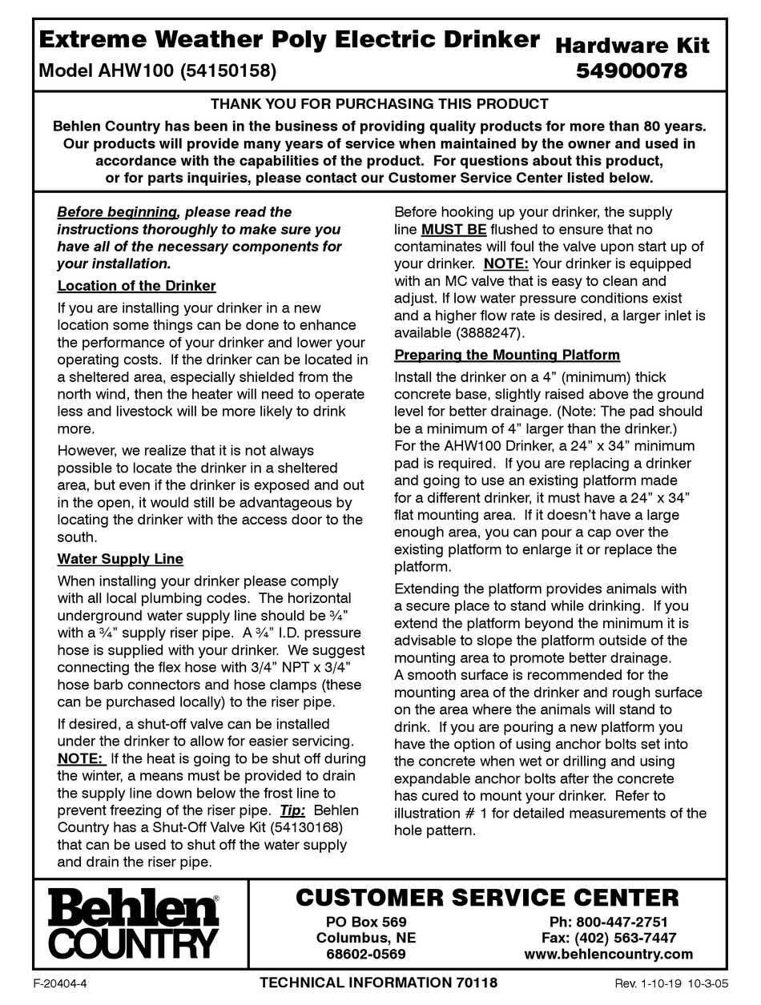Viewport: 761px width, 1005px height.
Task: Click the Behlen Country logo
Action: (x=133, y=926)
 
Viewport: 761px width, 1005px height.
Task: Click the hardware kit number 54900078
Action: (x=632, y=71)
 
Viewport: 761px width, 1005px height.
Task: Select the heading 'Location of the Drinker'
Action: (x=136, y=286)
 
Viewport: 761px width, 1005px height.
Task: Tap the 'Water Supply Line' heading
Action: (x=120, y=559)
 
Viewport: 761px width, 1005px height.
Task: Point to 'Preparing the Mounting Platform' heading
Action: (x=507, y=355)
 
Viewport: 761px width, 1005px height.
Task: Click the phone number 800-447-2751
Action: (x=608, y=922)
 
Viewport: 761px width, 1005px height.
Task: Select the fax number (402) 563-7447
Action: (x=608, y=938)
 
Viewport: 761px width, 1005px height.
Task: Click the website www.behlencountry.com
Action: (x=608, y=954)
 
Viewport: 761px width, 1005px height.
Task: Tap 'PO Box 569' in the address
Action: (x=366, y=922)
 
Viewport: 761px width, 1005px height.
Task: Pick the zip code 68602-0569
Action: (x=366, y=954)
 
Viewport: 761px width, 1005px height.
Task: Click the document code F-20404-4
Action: (x=60, y=983)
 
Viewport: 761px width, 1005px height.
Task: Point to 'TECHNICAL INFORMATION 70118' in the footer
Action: (x=379, y=983)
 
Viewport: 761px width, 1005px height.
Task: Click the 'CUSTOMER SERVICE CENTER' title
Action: (x=487, y=898)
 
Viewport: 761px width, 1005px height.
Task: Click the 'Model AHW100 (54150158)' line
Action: (x=158, y=70)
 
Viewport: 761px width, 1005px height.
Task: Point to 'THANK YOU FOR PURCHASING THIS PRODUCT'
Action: (x=379, y=104)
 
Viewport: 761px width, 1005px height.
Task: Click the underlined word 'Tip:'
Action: (x=292, y=810)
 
